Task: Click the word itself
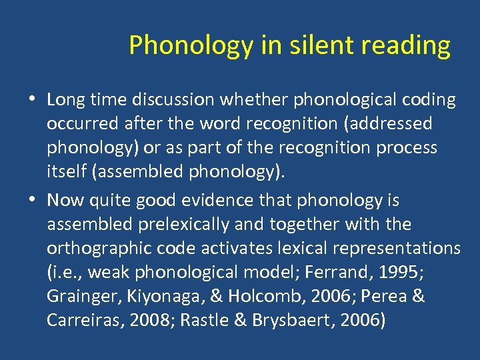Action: pyautogui.click(x=67, y=171)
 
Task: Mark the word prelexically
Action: pyautogui.click(x=183, y=224)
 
